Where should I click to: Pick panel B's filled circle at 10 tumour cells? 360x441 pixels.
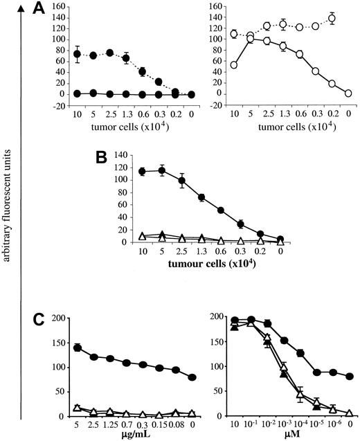142,172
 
